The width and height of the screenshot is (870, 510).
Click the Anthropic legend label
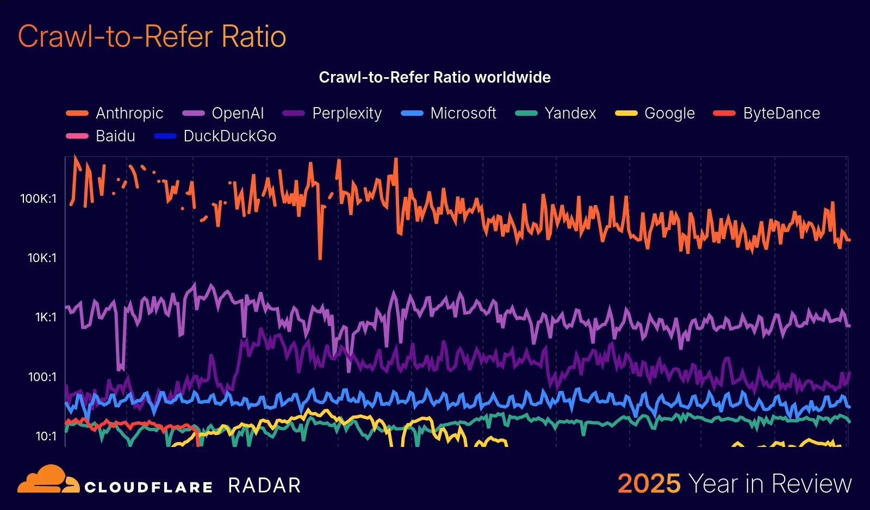[x=129, y=113]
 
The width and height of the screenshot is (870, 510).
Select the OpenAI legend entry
[x=238, y=113]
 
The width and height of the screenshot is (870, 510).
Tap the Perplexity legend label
[x=347, y=113]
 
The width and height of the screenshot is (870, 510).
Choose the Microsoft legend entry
[x=463, y=113]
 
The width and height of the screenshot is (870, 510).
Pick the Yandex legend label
[x=570, y=113]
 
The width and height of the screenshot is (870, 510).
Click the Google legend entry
[x=669, y=113]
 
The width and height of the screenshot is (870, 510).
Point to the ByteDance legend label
[x=781, y=113]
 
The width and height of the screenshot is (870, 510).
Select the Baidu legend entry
[x=115, y=136]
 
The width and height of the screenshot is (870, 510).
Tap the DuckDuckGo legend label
[x=230, y=136]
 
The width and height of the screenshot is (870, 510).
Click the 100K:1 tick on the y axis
[x=38, y=198]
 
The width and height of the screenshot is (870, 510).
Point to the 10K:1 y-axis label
[x=42, y=258]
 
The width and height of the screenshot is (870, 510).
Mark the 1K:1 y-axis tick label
[x=46, y=317]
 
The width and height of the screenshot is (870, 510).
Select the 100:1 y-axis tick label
[x=42, y=377]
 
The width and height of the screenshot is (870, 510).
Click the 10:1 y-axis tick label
[x=46, y=436]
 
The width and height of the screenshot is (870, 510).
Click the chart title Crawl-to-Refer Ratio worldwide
[x=434, y=77]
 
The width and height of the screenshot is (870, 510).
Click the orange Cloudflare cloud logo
[x=48, y=480]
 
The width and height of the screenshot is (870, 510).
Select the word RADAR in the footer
[x=264, y=485]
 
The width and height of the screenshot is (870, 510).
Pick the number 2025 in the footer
[x=649, y=483]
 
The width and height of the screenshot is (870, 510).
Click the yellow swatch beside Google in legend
[x=626, y=113]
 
